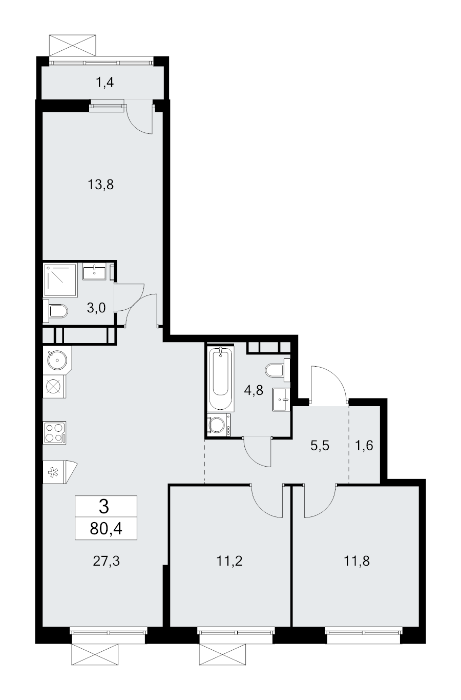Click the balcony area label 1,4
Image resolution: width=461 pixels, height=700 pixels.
click(104, 82)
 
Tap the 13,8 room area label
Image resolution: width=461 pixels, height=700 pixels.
click(100, 185)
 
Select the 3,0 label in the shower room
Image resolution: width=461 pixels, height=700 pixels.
click(97, 308)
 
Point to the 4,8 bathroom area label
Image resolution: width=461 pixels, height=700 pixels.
click(254, 390)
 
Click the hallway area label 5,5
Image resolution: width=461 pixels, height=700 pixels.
click(319, 445)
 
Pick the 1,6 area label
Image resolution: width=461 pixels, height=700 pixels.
click(364, 445)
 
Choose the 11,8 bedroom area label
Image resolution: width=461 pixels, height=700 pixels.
click(355, 561)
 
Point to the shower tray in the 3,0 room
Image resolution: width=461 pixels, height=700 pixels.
click(60, 280)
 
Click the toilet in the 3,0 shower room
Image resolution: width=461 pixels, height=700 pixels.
click(57, 311)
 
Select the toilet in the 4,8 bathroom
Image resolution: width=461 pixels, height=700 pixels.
click(277, 370)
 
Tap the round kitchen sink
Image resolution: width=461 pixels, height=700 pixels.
click(55, 360)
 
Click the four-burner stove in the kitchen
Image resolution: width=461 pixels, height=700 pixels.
click(54, 430)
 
